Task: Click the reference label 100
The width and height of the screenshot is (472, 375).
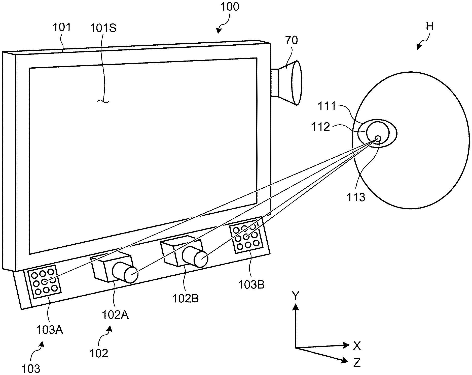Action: click(230, 7)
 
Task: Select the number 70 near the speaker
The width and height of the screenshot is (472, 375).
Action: click(292, 40)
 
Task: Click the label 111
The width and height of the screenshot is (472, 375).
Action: click(327, 106)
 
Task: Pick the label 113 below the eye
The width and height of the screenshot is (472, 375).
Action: click(356, 197)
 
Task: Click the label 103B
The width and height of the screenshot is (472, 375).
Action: click(251, 285)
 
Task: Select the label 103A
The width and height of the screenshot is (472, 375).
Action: click(50, 329)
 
